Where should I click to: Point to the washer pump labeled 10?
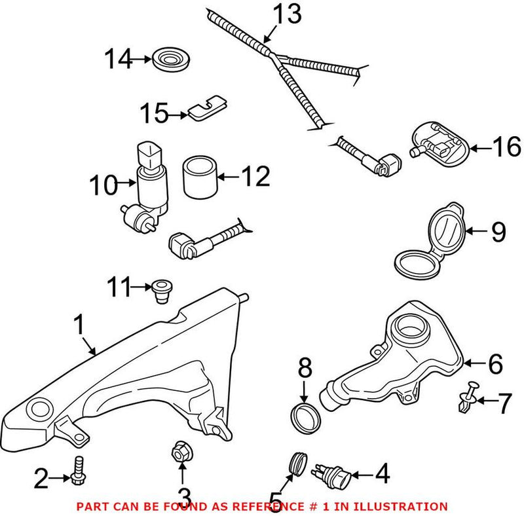147,186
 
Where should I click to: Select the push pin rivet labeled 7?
466,397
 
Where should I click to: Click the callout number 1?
79,324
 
